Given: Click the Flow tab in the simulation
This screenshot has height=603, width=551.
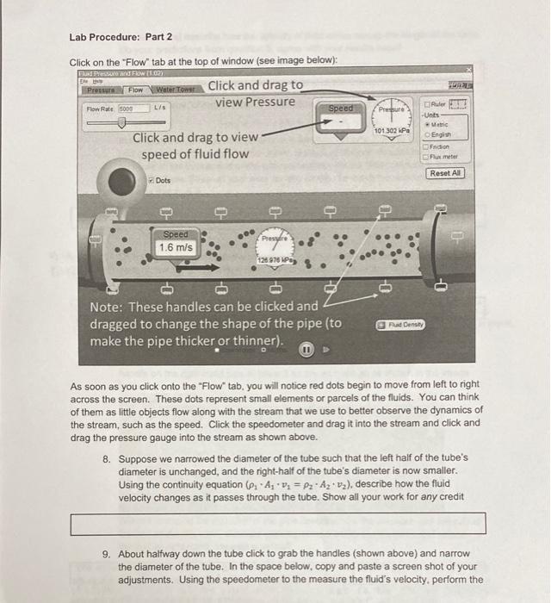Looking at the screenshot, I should point(135,89).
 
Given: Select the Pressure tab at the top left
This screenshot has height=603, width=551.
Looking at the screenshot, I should point(102,89).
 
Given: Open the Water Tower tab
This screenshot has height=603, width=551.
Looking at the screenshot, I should point(174,89).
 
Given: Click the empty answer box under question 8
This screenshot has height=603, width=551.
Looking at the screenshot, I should point(278,523).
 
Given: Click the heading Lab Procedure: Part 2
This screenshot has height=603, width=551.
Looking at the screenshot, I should point(121,37).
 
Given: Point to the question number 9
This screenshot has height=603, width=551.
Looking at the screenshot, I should point(107,554).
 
